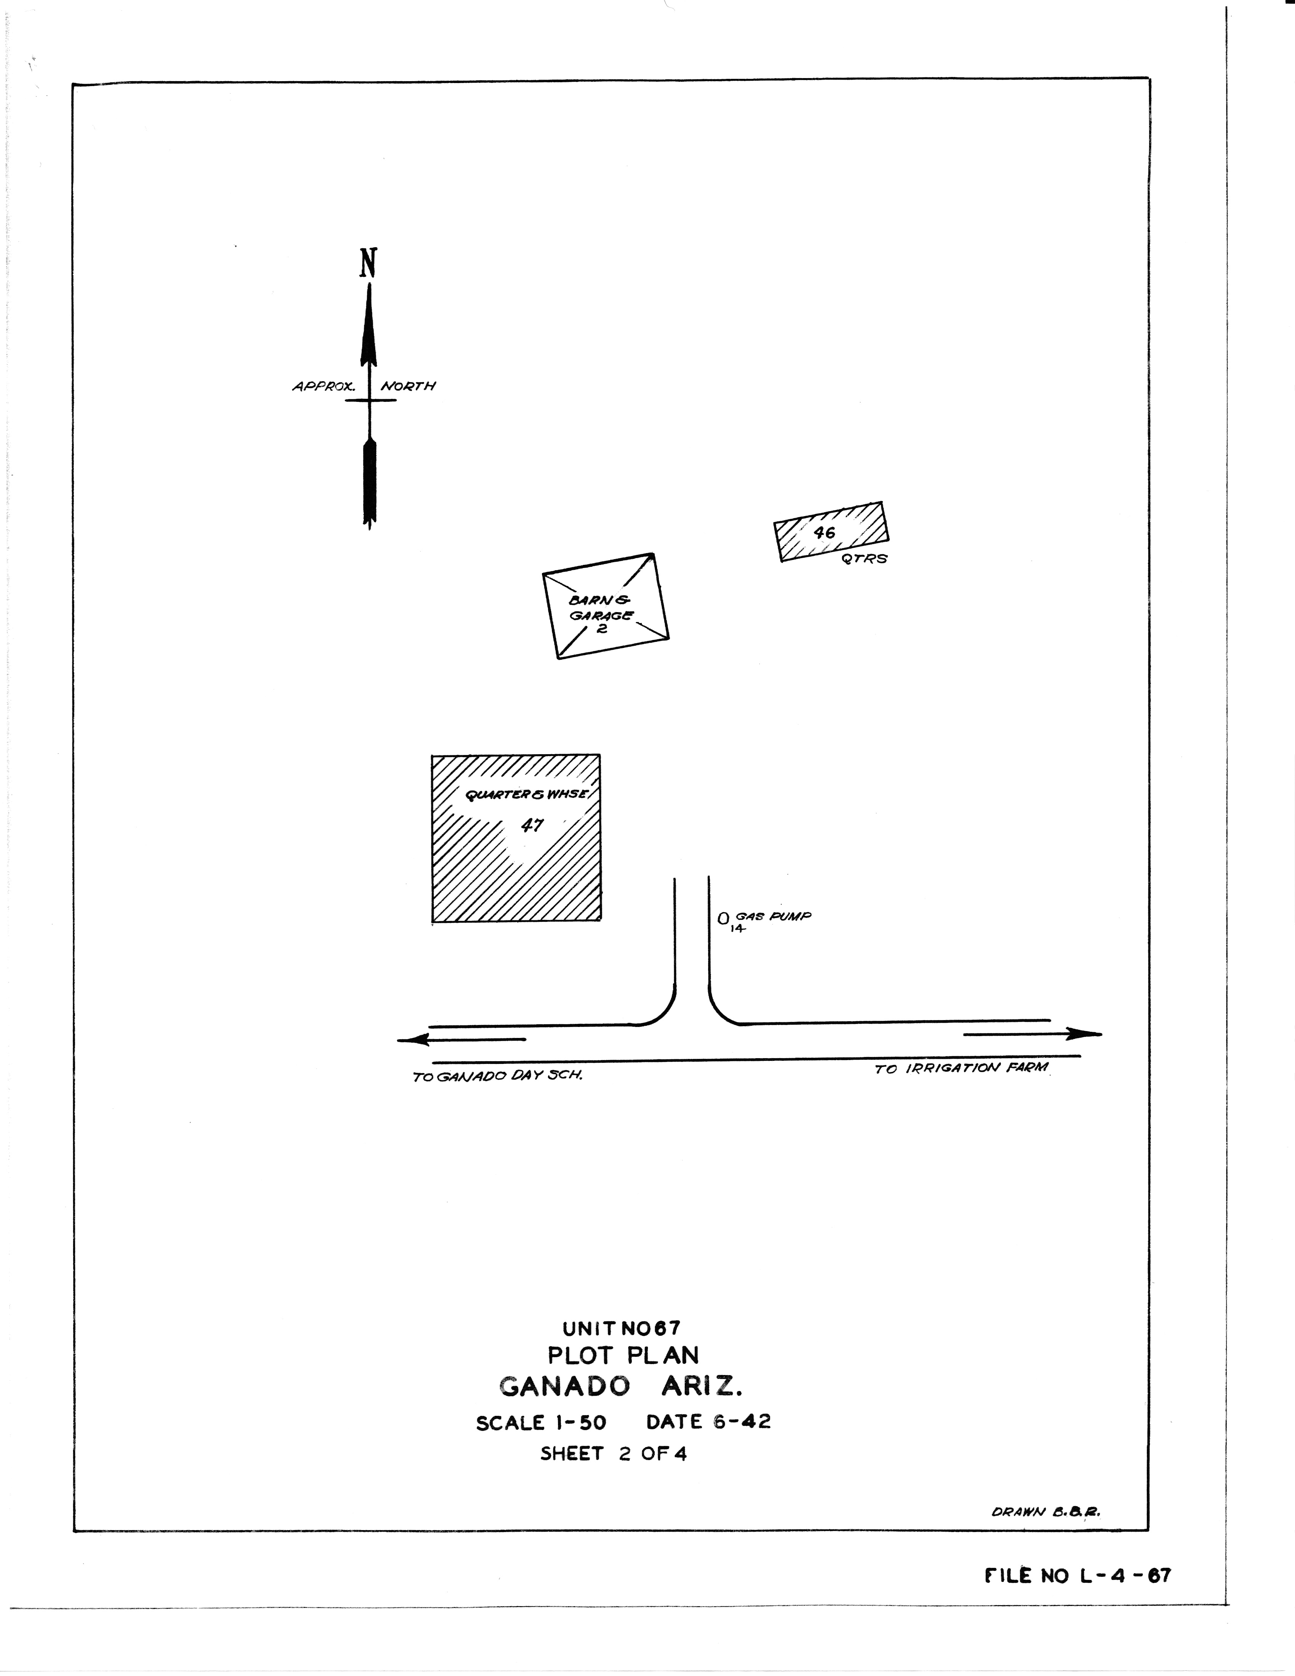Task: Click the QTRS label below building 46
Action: click(x=864, y=559)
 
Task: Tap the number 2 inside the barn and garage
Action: click(x=602, y=628)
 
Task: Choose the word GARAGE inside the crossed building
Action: click(x=601, y=615)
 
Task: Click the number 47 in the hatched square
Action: click(x=532, y=825)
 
